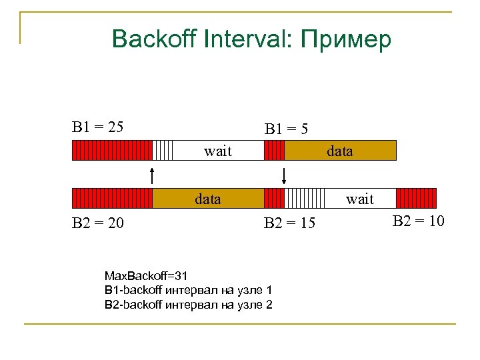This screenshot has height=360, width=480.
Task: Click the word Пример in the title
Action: pyautogui.click(x=346, y=40)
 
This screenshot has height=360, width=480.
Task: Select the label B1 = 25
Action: pyautogui.click(x=97, y=126)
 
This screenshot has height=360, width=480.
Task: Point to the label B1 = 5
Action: pyautogui.click(x=286, y=128)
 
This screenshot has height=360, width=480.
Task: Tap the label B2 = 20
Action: pyautogui.click(x=97, y=223)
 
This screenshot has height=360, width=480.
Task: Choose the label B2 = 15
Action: pyautogui.click(x=289, y=223)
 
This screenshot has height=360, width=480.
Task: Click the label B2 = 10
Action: pyautogui.click(x=418, y=221)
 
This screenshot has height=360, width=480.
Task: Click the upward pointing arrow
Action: pyautogui.click(x=153, y=175)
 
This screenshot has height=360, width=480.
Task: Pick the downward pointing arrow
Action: pyautogui.click(x=285, y=175)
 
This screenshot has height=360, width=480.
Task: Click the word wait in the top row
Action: pyautogui.click(x=218, y=151)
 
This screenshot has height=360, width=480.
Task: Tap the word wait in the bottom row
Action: pyautogui.click(x=360, y=199)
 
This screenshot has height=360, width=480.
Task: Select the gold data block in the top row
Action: pyautogui.click(x=340, y=151)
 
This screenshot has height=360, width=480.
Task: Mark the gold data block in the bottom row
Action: pyautogui.click(x=208, y=199)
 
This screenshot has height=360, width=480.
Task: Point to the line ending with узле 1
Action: pyautogui.click(x=188, y=290)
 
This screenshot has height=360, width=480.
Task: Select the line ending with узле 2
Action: pyautogui.click(x=188, y=305)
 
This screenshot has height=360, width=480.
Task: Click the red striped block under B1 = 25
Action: pyautogui.click(x=112, y=151)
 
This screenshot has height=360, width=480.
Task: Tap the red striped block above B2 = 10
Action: pyautogui.click(x=416, y=199)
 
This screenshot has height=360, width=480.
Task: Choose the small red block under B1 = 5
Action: pyautogui.click(x=274, y=151)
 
